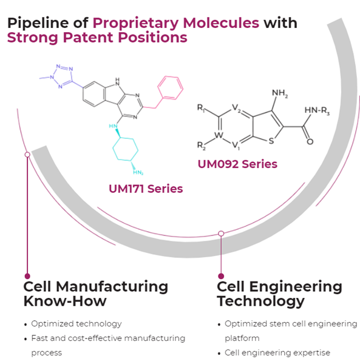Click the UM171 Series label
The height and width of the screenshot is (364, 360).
[x=146, y=189]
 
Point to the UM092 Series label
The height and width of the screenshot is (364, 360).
[x=237, y=164]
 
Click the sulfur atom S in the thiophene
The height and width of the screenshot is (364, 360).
[x=271, y=141]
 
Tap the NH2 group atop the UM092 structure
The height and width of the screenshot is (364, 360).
[x=280, y=93]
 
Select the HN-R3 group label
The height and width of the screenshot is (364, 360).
[x=317, y=110]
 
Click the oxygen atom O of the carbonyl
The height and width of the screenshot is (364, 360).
[x=310, y=141]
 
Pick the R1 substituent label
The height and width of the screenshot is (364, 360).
[x=201, y=107]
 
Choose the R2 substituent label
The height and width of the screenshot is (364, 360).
[x=201, y=146]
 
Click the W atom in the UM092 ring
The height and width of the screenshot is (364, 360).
[x=219, y=135]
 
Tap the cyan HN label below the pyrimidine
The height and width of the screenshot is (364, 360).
[x=113, y=126]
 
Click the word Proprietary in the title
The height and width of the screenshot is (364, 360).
[x=135, y=24]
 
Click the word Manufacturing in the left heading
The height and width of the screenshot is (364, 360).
[x=112, y=287]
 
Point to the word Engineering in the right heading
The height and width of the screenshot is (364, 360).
[x=296, y=287]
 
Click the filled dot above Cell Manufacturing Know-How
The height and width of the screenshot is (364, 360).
[x=27, y=276]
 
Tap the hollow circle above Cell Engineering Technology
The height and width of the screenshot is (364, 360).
[x=221, y=234]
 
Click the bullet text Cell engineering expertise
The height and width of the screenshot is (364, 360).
[x=277, y=352]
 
